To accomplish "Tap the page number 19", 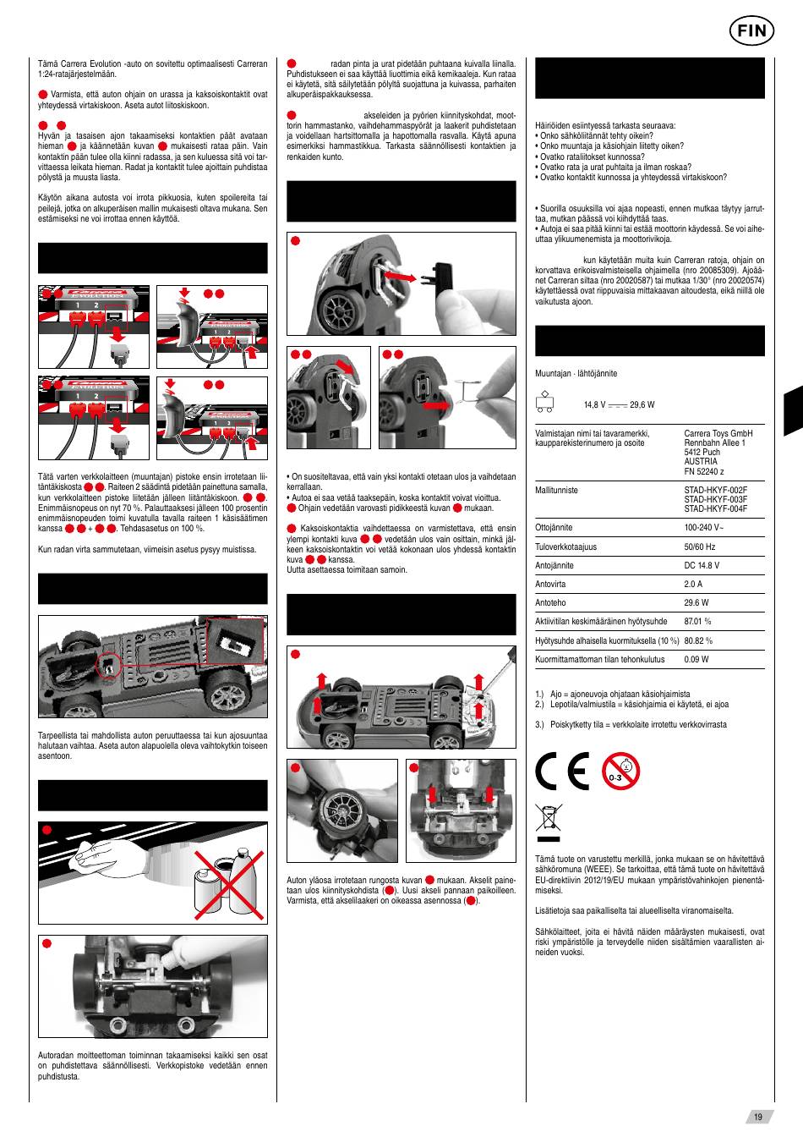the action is click(x=758, y=1117).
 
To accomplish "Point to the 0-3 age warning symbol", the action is click(x=621, y=771).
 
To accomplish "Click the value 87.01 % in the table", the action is click(x=697, y=621).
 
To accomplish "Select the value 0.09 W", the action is click(x=696, y=659).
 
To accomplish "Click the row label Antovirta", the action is click(x=551, y=584).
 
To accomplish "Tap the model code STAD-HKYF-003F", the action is click(x=715, y=499).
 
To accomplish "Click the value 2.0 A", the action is click(x=693, y=584).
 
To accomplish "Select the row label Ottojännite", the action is click(x=554, y=527).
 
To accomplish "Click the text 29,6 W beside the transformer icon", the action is click(x=642, y=405).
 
